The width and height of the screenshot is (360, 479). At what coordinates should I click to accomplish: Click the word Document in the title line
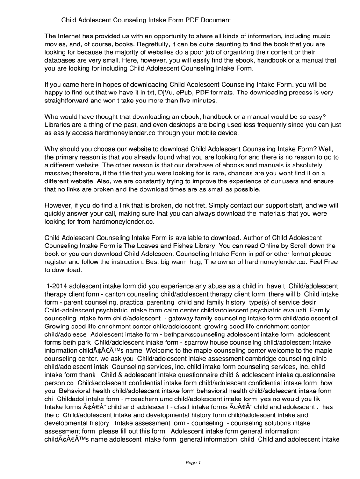pyautogui.click(x=214, y=20)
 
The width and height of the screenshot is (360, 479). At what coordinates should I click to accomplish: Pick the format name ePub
pyautogui.click(x=221, y=93)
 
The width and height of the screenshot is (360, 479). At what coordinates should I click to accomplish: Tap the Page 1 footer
pyautogui.click(x=193, y=463)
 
